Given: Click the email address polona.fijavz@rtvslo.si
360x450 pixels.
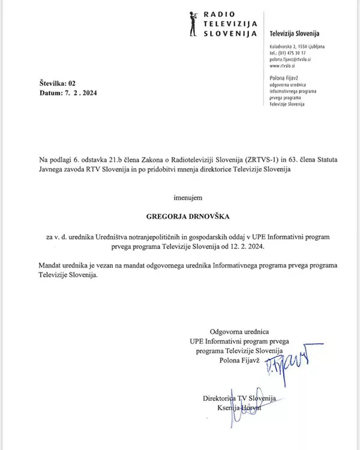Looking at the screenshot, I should pyautogui.click(x=292, y=60).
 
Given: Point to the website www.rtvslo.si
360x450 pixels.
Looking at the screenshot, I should pyautogui.click(x=284, y=67).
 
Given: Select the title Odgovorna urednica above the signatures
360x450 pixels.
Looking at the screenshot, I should pyautogui.click(x=239, y=332).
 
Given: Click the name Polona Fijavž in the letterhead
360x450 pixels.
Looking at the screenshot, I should pyautogui.click(x=284, y=79).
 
